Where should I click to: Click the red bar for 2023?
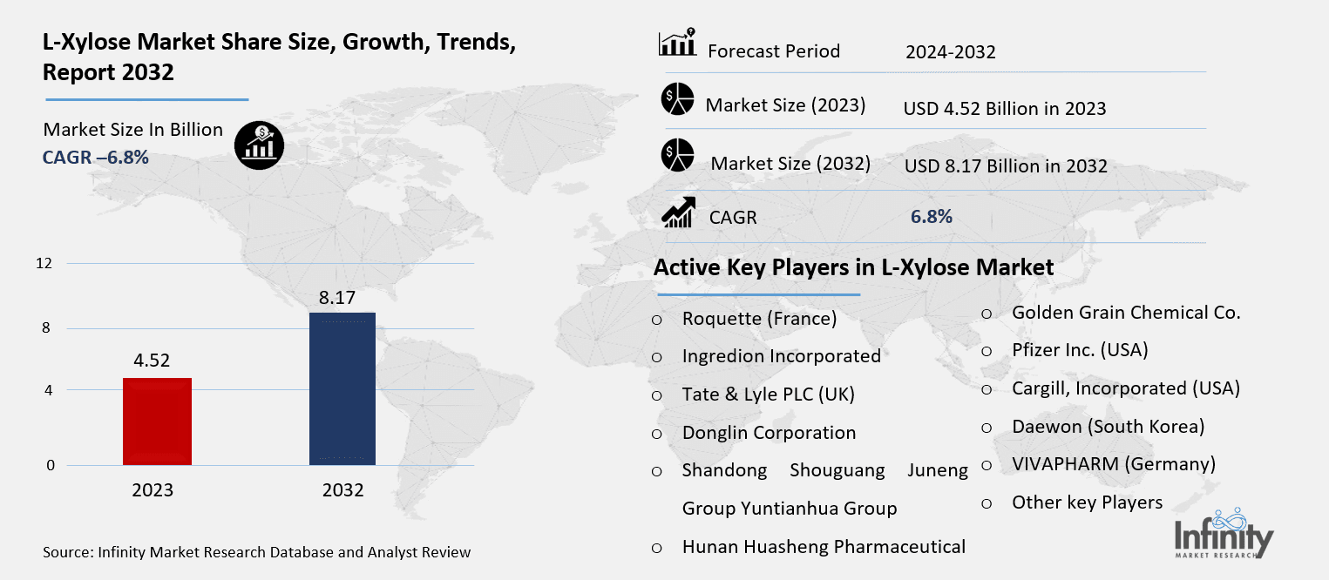(x=157, y=422)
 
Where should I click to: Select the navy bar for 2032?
(x=342, y=388)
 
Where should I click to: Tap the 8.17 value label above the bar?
(x=336, y=298)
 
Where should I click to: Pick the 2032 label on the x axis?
(x=342, y=490)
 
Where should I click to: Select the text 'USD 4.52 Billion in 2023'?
(x=1005, y=109)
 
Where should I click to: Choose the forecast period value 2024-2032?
(x=950, y=53)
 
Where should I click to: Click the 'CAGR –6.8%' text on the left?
(x=96, y=158)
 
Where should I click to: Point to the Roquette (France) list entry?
(x=759, y=319)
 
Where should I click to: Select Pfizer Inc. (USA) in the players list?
(x=1080, y=350)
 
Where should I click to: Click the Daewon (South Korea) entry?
(x=1108, y=427)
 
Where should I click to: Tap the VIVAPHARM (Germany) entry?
(x=1113, y=464)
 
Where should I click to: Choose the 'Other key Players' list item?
(x=1087, y=502)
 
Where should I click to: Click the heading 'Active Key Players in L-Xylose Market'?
(x=853, y=267)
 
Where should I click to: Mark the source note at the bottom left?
(x=256, y=552)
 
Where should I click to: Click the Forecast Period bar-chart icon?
(x=677, y=44)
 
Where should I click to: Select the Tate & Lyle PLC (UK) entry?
(x=768, y=395)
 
